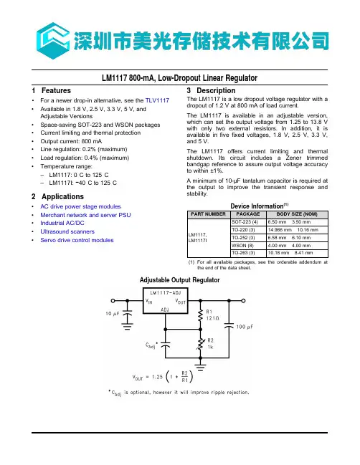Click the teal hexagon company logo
click(x=53, y=41)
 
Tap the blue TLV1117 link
click(x=157, y=100)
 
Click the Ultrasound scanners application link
click(x=67, y=231)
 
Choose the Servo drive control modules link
click(x=77, y=240)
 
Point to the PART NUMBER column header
click(x=209, y=214)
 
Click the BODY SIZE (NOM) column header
click(x=297, y=214)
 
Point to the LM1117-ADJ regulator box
click(x=166, y=301)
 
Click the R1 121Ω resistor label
click(x=212, y=315)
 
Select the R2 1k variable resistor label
click(x=210, y=343)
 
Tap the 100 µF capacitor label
click(x=245, y=327)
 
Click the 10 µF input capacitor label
click(x=113, y=314)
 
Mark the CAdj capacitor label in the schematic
click(x=151, y=345)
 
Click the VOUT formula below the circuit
click(x=163, y=377)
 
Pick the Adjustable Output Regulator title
click(x=179, y=280)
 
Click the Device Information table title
click(x=260, y=206)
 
